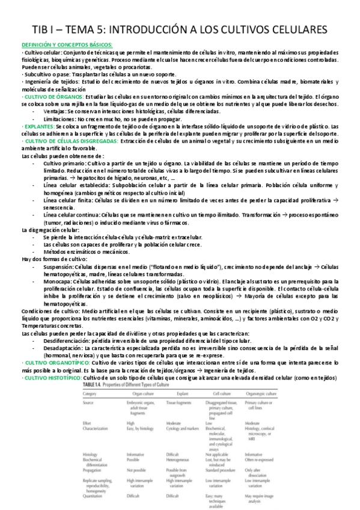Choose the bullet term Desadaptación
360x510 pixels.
(64, 349)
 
